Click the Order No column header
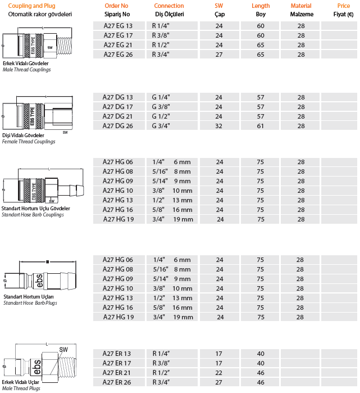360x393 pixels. click(117, 6)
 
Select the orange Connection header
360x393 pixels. click(168, 6)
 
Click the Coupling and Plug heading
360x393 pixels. click(31, 6)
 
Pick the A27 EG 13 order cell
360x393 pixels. click(119, 26)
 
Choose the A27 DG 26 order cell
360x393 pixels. click(118, 126)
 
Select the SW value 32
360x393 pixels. click(219, 126)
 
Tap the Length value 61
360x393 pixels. click(261, 126)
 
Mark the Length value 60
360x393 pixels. click(261, 26)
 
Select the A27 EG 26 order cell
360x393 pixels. click(119, 55)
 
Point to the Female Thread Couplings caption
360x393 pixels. click(29, 142)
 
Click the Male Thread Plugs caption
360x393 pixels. click(21, 389)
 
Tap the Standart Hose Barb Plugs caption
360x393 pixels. click(30, 303)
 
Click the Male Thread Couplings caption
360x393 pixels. click(26, 69)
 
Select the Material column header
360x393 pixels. click(301, 6)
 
